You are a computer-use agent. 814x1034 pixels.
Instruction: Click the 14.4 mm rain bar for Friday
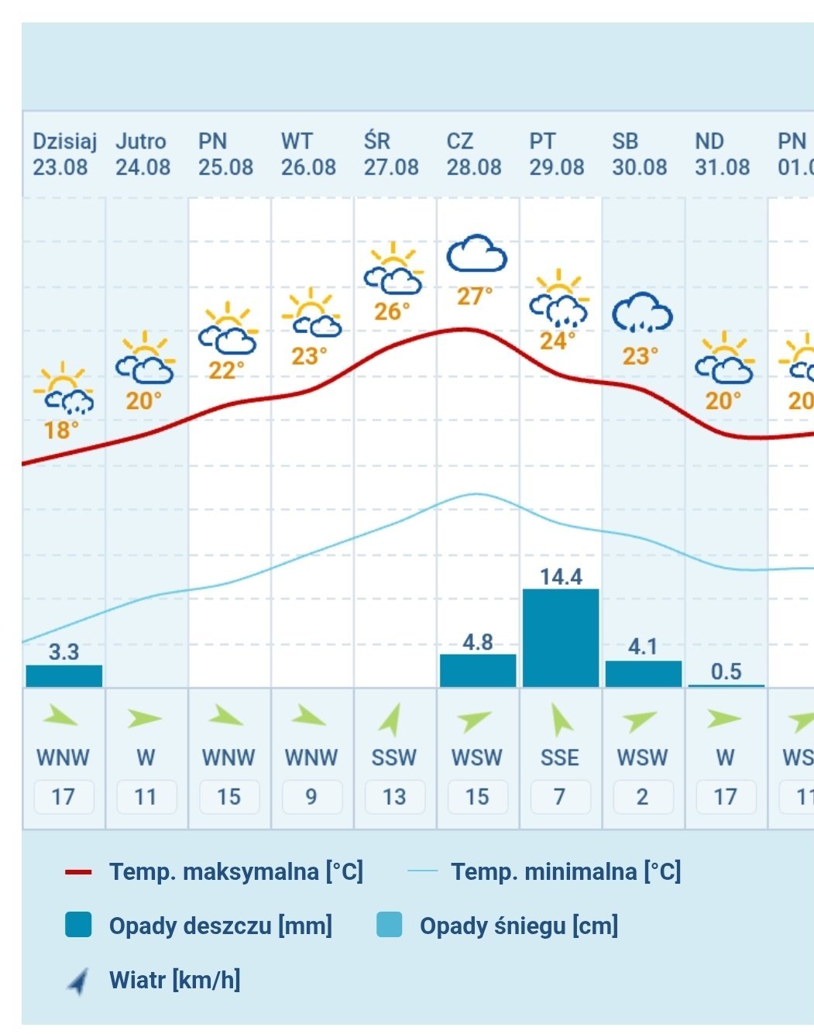tap(560, 637)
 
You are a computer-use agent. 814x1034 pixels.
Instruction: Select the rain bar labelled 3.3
tap(64, 675)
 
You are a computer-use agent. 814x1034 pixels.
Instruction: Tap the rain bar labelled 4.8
tap(478, 670)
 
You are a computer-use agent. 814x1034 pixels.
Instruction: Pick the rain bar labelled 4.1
tap(643, 673)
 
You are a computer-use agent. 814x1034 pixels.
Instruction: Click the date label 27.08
tap(391, 167)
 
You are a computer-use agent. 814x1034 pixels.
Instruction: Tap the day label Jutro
tap(141, 142)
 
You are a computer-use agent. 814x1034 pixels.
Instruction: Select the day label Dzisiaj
tap(64, 142)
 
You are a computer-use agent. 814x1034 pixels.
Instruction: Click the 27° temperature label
tap(474, 296)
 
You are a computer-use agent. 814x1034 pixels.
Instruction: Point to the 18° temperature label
tap(61, 430)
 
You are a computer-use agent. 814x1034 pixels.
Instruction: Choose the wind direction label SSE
tap(560, 757)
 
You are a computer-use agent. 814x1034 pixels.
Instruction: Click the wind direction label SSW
tap(394, 757)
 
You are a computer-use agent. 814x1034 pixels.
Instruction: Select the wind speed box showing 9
tap(311, 796)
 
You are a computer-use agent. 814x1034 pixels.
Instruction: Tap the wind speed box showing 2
tap(643, 796)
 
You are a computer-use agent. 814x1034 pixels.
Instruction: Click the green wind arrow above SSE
tap(560, 720)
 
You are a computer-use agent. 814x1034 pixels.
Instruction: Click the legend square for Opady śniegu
tap(389, 925)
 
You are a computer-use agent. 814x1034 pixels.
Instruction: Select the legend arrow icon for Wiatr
tap(78, 981)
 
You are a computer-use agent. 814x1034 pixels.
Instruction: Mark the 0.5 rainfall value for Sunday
tap(726, 672)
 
